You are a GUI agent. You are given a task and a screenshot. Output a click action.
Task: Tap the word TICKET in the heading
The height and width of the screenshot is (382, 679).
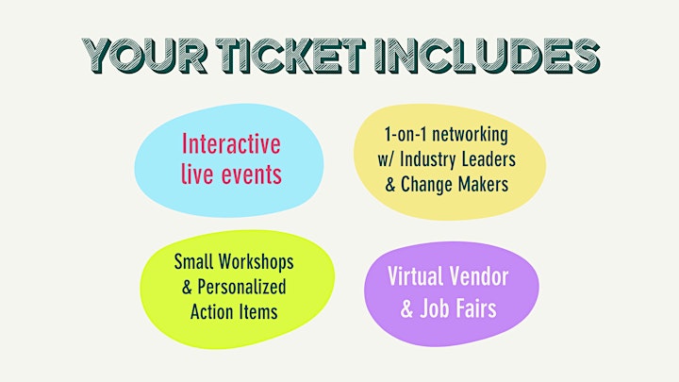point(290,56)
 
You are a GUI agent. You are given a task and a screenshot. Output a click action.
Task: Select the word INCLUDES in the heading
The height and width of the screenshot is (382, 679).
point(487,56)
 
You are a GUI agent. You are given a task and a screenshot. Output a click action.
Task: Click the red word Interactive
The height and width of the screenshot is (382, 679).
point(231,143)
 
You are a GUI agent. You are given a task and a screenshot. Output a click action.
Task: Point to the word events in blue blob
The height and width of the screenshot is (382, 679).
point(251,174)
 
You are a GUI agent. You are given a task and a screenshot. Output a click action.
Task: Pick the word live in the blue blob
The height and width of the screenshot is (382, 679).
point(197,174)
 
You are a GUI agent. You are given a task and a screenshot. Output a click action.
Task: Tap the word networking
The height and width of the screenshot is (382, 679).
point(470,136)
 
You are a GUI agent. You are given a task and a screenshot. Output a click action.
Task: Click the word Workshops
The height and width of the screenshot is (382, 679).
point(256,262)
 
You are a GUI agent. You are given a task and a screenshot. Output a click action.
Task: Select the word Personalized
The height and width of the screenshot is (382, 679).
point(242,287)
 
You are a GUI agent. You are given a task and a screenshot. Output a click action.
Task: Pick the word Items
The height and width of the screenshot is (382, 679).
point(256,312)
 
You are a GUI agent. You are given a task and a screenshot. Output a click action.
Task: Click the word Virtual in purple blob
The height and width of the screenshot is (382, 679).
point(415,276)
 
